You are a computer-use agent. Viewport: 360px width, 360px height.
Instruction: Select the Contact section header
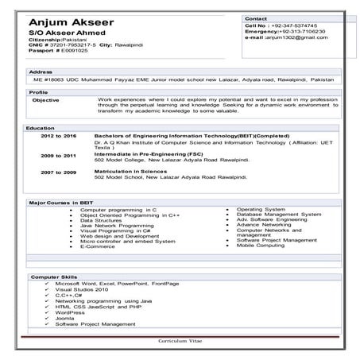pyautogui.click(x=256, y=17)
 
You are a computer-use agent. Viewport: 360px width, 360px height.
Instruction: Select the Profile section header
pyautogui.click(x=38, y=93)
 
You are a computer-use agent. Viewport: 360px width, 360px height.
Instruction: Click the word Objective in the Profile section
pyautogui.click(x=45, y=101)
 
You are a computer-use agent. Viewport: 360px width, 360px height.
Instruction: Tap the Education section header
pyautogui.click(x=40, y=128)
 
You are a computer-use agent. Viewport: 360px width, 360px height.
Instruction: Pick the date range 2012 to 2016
pyautogui.click(x=58, y=136)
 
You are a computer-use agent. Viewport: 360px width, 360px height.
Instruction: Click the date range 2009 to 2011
pyautogui.click(x=58, y=155)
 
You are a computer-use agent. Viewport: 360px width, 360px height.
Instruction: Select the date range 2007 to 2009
pyautogui.click(x=58, y=172)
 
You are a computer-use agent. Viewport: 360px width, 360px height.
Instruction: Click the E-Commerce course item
pyautogui.click(x=98, y=246)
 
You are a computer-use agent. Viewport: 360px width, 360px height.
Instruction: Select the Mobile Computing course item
pyautogui.click(x=260, y=246)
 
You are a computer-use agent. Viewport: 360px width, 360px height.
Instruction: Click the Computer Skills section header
pyautogui.click(x=53, y=277)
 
